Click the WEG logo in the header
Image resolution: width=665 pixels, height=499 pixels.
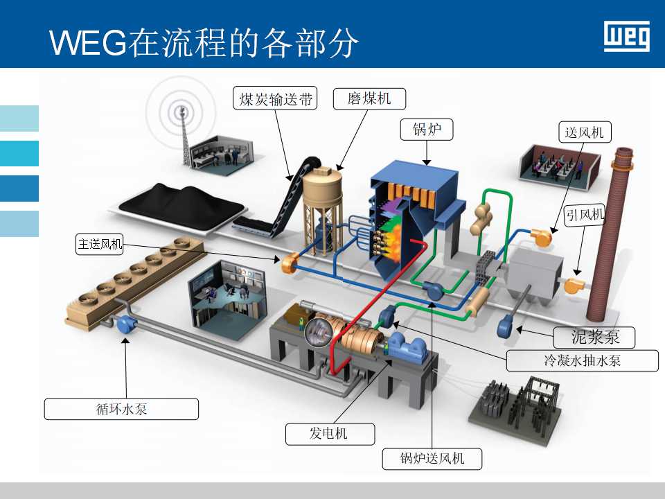click(x=627, y=36)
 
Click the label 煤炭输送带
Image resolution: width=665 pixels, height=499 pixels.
click(x=274, y=100)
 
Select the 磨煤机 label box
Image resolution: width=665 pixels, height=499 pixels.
click(x=369, y=99)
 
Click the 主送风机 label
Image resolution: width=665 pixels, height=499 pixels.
click(x=100, y=243)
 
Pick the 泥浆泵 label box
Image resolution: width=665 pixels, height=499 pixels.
click(x=594, y=338)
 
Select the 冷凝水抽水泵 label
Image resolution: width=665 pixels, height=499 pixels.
click(x=582, y=360)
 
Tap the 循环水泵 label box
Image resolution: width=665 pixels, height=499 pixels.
click(x=121, y=409)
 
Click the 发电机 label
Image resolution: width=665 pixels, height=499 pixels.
click(x=330, y=435)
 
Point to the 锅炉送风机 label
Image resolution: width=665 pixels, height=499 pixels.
click(x=432, y=458)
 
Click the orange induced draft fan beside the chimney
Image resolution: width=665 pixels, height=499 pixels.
click(x=574, y=285)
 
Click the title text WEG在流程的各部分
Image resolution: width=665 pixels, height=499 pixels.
click(x=204, y=43)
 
